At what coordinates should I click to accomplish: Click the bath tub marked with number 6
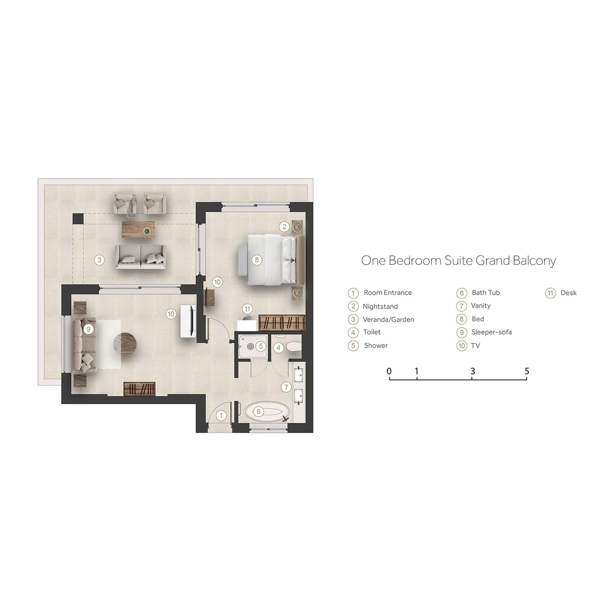point(267,412)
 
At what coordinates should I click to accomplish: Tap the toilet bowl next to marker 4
point(294,346)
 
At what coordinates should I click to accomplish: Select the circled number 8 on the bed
point(257,260)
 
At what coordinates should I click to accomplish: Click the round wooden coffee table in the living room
point(125,344)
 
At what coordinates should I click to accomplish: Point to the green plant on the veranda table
point(147,231)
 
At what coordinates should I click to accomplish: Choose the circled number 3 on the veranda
point(99,260)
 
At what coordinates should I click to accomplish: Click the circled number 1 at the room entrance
point(221,415)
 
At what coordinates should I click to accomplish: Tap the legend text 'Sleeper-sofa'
point(492,332)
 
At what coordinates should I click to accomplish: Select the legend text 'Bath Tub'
point(486,293)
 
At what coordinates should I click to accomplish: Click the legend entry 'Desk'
point(569,293)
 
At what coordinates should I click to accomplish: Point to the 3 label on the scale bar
point(472,371)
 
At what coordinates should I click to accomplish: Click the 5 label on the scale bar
point(527,371)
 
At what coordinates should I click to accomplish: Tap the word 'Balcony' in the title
point(534,261)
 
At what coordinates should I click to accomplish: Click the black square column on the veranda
point(78,219)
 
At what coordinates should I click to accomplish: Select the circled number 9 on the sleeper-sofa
point(88,329)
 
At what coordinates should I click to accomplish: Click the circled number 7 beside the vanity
point(286,388)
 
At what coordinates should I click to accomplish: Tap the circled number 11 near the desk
point(247,309)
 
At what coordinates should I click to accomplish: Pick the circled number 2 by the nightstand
point(284,227)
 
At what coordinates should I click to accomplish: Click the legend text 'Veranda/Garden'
point(388,320)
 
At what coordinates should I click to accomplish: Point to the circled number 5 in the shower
point(261,346)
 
